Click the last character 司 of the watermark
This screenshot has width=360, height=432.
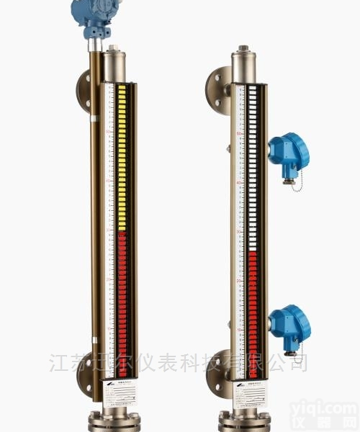297,361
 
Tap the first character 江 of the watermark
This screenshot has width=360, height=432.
60,361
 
